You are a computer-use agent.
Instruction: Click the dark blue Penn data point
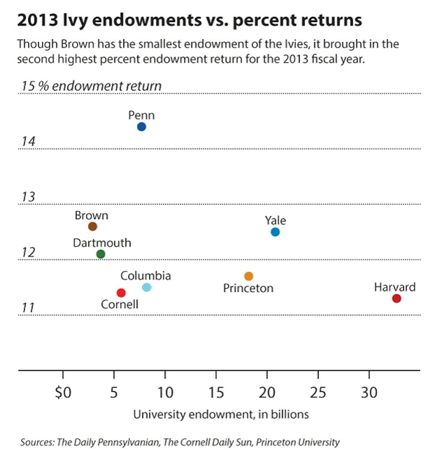coord(141,127)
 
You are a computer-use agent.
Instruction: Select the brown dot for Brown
coord(92,226)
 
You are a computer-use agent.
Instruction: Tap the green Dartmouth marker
coord(101,254)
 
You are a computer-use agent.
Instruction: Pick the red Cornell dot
coord(121,293)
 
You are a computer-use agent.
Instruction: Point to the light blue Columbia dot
coord(147,287)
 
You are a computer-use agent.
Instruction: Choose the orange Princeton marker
coord(248,276)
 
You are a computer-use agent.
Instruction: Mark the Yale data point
coord(275,232)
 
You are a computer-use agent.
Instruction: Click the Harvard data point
coord(396,298)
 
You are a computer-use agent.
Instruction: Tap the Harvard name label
coord(395,287)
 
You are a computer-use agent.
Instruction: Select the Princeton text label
coord(248,289)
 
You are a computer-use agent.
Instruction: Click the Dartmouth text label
coord(102,243)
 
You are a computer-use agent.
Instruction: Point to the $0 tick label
coord(63,392)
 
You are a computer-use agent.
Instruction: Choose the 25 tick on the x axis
coord(318,392)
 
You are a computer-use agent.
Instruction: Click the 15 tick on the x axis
coord(216,392)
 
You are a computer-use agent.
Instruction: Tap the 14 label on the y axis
coord(28,142)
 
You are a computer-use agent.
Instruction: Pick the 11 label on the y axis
coord(28,308)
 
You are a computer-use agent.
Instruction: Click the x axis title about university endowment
coord(221,415)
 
